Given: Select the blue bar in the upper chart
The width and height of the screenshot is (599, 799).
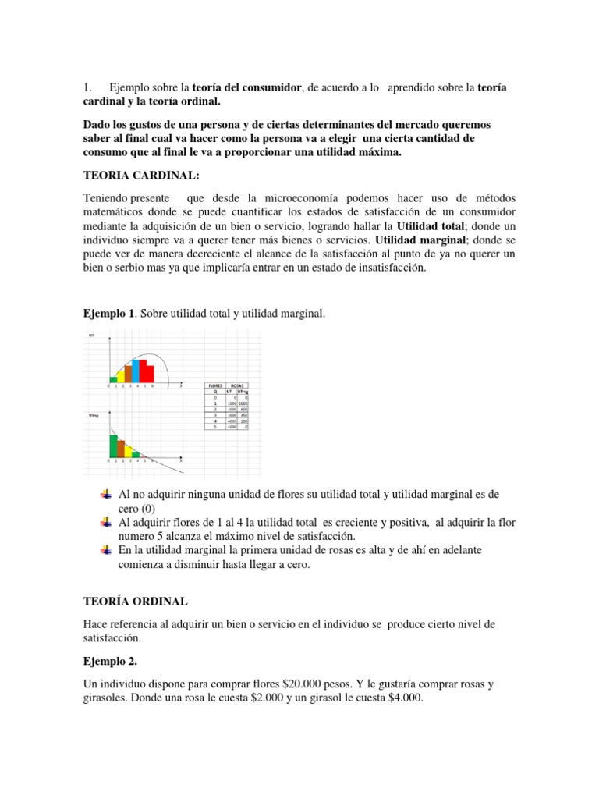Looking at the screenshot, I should [136, 371].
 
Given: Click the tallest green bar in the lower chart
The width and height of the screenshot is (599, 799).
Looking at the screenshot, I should [113, 446].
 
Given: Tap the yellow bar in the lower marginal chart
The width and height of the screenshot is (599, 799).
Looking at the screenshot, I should [129, 452].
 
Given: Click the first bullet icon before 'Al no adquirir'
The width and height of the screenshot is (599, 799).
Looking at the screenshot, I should [107, 495].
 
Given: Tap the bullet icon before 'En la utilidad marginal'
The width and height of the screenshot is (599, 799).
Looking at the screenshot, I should [107, 550].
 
